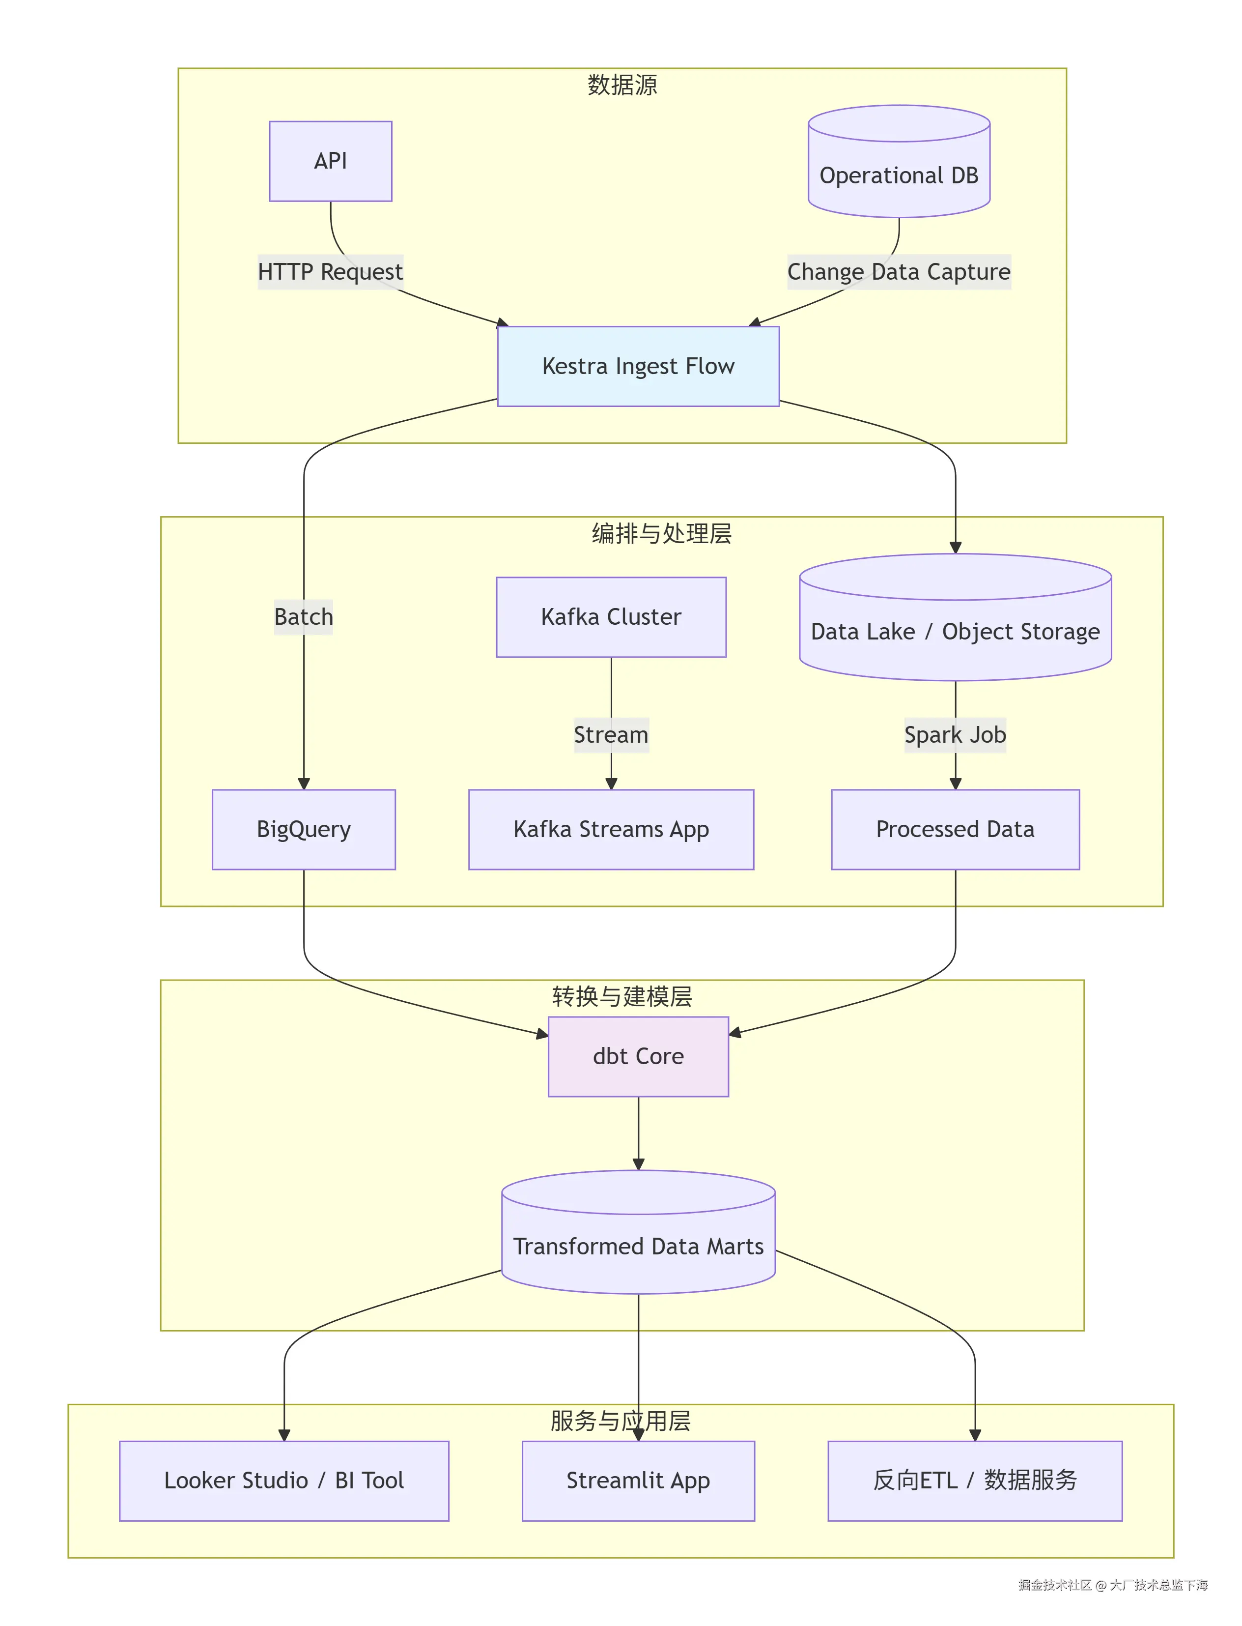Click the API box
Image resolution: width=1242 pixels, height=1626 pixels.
(x=331, y=161)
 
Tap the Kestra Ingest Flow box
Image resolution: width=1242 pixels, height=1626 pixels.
(x=638, y=366)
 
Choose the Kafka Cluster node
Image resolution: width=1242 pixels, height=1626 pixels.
(x=611, y=617)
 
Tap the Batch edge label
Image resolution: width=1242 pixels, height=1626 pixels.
(x=303, y=617)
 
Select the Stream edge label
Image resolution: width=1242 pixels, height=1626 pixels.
(x=611, y=735)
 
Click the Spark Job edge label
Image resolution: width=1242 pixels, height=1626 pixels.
(x=955, y=735)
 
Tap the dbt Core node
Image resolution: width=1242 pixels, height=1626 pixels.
(x=638, y=1056)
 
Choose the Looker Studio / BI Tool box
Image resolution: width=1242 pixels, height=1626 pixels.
(x=284, y=1481)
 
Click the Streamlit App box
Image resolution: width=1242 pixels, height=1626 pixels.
(x=638, y=1481)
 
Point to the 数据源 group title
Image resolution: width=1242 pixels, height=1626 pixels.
(x=622, y=85)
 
